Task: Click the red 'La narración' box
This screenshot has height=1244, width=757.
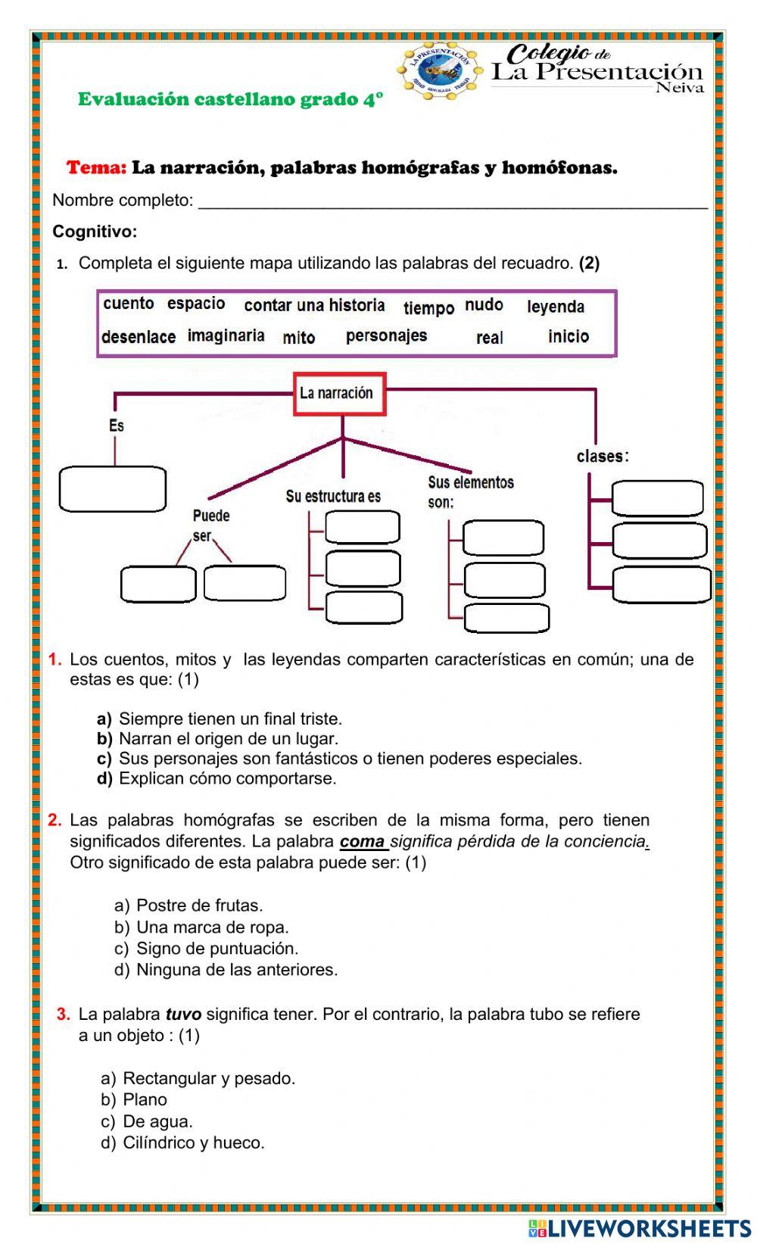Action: coord(340,393)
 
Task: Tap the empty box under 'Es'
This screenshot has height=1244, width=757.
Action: coord(112,489)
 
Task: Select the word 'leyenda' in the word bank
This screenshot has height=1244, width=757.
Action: coord(556,307)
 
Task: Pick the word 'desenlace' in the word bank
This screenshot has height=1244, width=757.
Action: coord(139,337)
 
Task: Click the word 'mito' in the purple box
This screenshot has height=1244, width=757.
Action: coord(299,338)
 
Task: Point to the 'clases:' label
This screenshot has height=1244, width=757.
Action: coord(603,457)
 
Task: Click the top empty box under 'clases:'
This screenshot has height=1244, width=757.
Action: coord(657,498)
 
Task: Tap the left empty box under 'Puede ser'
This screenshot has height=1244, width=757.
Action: coord(158,584)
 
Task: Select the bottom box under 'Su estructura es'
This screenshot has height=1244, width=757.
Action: coord(363,607)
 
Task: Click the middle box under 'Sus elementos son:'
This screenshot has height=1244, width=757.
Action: coord(504,580)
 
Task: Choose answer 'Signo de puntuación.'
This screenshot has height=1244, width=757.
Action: coord(217,949)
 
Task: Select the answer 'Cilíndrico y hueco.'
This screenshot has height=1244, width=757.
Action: coord(194,1143)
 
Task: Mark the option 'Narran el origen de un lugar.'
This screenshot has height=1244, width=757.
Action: coord(229,738)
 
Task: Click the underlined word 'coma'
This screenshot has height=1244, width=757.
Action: coord(363,841)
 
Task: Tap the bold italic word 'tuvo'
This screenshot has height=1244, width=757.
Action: coord(183,1015)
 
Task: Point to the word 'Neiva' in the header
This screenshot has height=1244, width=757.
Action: coord(679,88)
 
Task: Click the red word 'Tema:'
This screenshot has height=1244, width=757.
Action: coord(96,168)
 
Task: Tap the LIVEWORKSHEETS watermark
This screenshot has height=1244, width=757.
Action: coord(640,1228)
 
